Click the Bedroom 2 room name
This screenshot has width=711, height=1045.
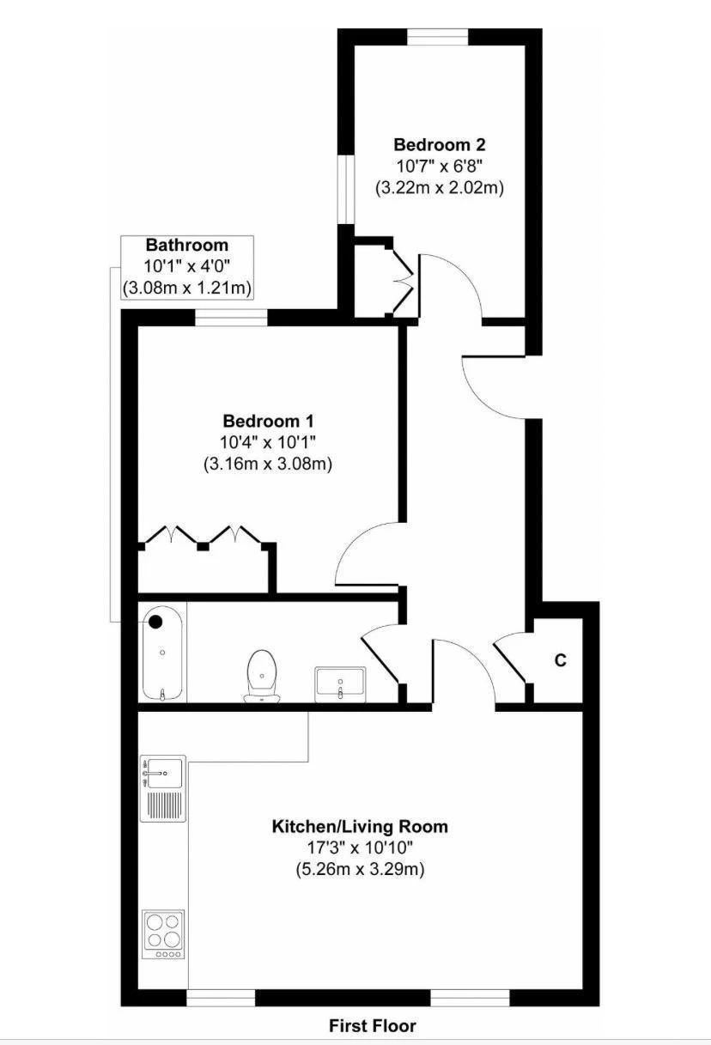440,144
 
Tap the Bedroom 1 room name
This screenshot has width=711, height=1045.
268,421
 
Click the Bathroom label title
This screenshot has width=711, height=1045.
187,245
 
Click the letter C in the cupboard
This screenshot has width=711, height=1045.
561,660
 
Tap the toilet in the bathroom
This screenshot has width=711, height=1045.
262,676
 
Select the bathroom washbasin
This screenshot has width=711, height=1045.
341,684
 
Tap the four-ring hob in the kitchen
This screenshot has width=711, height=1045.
163,934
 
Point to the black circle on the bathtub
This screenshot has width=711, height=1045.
155,622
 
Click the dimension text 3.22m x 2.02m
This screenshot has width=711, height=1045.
440,188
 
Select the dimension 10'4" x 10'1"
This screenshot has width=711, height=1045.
268,442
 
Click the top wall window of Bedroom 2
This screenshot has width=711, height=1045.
438,37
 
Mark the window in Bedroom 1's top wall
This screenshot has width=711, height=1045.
231,318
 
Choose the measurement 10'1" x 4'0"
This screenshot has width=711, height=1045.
187,266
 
